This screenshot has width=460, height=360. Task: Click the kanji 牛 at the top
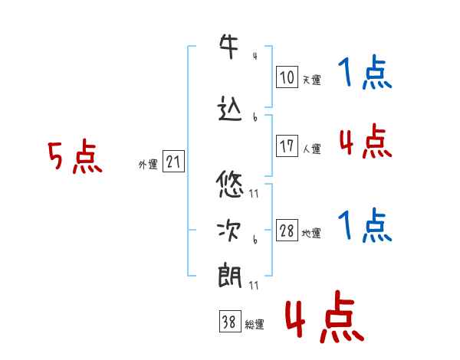pyautogui.click(x=228, y=46)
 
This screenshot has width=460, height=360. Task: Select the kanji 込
pyautogui.click(x=230, y=109)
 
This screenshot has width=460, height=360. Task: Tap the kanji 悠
pyautogui.click(x=230, y=185)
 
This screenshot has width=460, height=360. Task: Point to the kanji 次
pyautogui.click(x=229, y=231)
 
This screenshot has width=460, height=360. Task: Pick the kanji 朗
pyautogui.click(x=230, y=275)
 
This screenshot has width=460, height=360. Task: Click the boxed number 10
pyautogui.click(x=287, y=77)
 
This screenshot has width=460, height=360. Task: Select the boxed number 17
pyautogui.click(x=287, y=146)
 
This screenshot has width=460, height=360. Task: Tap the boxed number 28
pyautogui.click(x=287, y=230)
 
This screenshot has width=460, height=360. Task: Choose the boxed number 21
pyautogui.click(x=173, y=161)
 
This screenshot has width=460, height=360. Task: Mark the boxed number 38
pyautogui.click(x=230, y=321)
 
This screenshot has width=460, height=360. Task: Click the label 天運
pyautogui.click(x=312, y=80)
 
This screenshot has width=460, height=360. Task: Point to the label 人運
pyautogui.click(x=312, y=149)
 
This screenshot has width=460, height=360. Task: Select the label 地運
pyautogui.click(x=311, y=234)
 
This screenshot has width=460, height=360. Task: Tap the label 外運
pyautogui.click(x=148, y=165)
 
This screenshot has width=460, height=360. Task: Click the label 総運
pyautogui.click(x=255, y=325)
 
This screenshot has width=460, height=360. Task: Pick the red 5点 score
pyautogui.click(x=75, y=156)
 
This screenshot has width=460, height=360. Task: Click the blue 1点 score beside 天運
pyautogui.click(x=365, y=72)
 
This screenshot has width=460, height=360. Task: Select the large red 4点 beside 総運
pyautogui.click(x=324, y=316)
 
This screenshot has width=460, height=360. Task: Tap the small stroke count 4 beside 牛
pyautogui.click(x=255, y=56)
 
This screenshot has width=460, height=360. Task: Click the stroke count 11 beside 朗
pyautogui.click(x=254, y=285)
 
